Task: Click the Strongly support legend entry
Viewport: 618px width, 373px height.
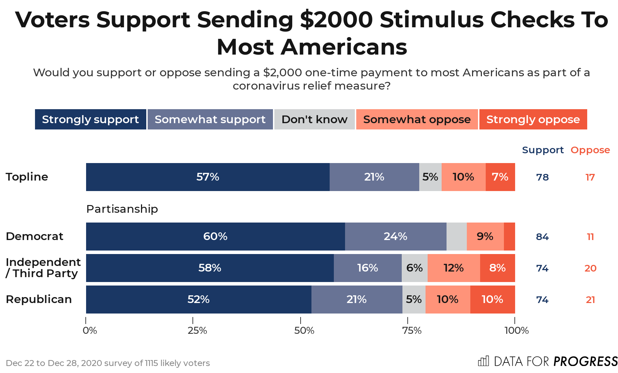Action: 90,119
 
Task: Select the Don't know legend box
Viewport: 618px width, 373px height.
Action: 314,119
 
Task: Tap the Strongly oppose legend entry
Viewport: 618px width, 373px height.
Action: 533,119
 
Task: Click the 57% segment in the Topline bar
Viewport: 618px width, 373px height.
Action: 208,177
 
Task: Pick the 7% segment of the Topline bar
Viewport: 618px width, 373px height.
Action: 500,177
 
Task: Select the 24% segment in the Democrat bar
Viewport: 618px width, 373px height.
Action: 395,237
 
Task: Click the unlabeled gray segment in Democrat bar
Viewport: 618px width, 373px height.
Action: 456,237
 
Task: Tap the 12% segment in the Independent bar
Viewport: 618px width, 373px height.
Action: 454,268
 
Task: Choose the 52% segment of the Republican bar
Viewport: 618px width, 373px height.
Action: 198,300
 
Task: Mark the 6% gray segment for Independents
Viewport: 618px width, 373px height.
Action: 414,268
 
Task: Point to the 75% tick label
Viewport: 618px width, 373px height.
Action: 412,331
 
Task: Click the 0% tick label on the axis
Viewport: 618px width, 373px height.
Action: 90,331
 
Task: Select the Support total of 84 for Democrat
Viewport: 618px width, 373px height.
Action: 542,237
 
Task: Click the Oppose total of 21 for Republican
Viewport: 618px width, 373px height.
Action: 590,300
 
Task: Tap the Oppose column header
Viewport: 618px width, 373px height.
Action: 590,150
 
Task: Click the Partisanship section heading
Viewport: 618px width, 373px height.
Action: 122,209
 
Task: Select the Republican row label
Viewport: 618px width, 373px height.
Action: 39,300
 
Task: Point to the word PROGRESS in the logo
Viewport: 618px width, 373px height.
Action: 585,361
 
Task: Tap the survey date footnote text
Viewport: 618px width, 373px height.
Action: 108,363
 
